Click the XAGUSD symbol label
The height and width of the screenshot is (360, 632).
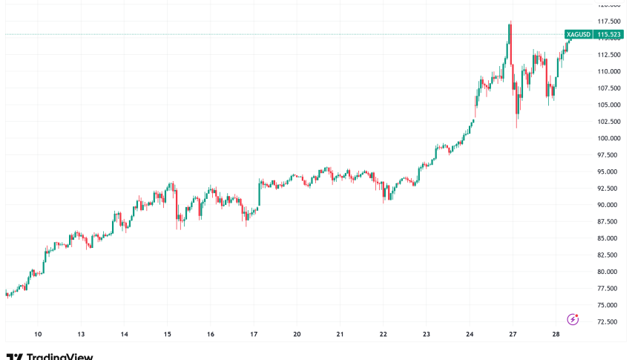click(x=579, y=34)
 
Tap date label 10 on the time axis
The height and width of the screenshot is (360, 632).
click(x=38, y=334)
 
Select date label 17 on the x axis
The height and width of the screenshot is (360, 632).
click(x=254, y=334)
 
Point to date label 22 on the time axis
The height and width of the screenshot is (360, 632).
click(x=383, y=334)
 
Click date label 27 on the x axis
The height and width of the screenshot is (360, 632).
click(x=513, y=334)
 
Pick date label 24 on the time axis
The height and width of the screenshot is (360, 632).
click(x=470, y=334)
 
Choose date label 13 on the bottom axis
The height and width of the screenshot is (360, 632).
click(x=81, y=334)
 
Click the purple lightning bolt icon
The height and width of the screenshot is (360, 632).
click(x=573, y=319)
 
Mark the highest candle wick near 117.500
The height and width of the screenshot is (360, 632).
click(x=510, y=22)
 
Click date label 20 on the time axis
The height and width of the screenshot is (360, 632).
click(x=297, y=334)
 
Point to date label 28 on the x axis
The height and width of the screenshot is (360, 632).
click(x=556, y=334)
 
